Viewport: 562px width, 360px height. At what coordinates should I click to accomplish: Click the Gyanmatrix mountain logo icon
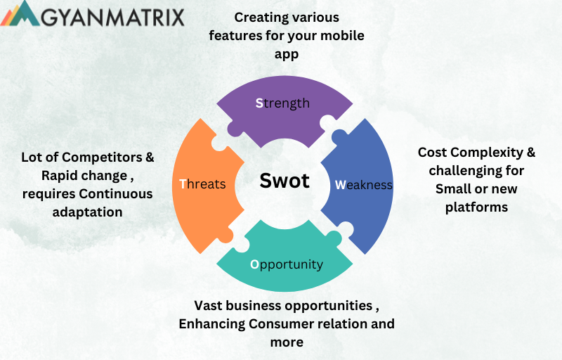(x=20, y=14)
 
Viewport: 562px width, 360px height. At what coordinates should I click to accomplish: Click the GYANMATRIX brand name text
(x=112, y=16)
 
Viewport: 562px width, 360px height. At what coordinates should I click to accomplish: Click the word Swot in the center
(x=285, y=181)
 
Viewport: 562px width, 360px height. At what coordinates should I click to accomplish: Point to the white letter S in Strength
(x=259, y=103)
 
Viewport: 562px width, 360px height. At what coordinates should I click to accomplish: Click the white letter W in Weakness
(x=340, y=185)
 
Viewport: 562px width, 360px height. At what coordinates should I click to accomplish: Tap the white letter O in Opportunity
(x=255, y=264)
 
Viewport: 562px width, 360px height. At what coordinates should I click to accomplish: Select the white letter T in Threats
(x=183, y=184)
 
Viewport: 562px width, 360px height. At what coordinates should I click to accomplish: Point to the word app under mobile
(x=286, y=53)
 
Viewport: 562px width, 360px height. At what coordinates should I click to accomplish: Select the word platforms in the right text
(x=476, y=207)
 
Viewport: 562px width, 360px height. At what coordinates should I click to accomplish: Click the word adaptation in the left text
(x=87, y=211)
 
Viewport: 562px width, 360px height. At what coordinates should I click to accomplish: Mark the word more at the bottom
(x=287, y=342)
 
